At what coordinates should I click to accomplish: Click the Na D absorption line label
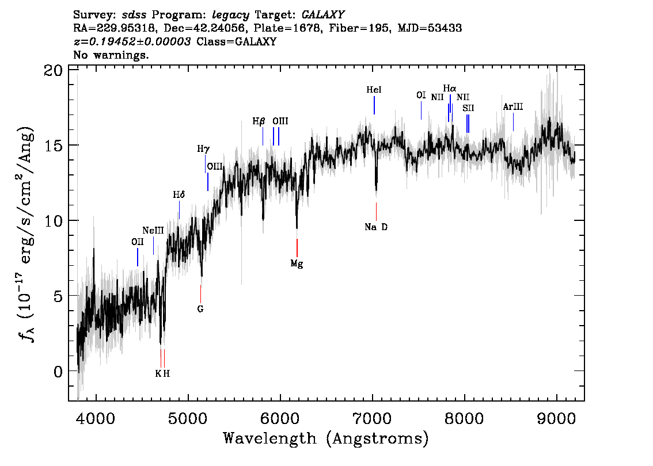pos(376,227)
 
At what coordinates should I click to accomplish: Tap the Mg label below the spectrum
pos(297,264)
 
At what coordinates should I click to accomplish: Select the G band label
pos(200,309)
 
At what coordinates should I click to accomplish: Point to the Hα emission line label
pos(450,89)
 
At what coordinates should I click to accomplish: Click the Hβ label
pos(259,121)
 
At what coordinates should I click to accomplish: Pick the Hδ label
pos(179,195)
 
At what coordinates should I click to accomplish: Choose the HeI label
pos(374,90)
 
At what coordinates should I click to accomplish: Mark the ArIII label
pos(513,107)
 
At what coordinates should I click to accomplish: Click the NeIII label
pos(153,231)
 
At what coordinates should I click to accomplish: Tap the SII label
pos(468,108)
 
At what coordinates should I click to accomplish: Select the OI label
pos(421,95)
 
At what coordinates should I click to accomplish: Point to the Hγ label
pos(203,149)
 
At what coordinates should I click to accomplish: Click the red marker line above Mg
pos(297,248)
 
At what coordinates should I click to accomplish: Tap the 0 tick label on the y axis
pos(58,372)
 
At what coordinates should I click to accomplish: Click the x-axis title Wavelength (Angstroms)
pos(326,439)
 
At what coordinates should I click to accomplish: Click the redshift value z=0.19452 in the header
pos(132,41)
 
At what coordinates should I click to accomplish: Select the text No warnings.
pos(111,55)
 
